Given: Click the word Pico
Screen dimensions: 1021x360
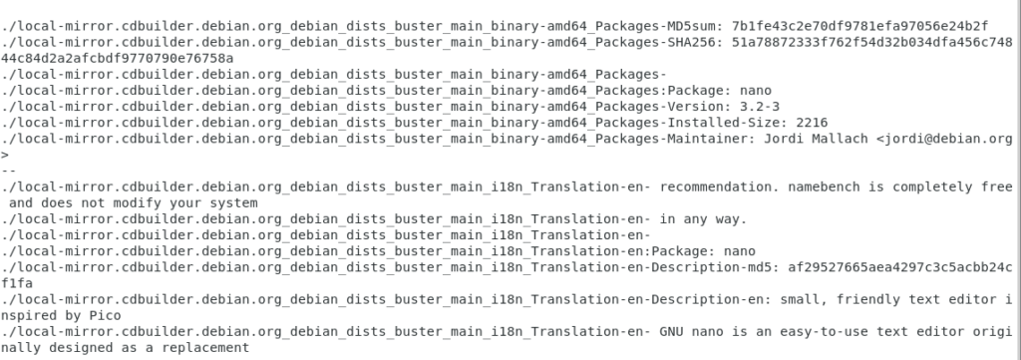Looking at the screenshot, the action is (x=105, y=315).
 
